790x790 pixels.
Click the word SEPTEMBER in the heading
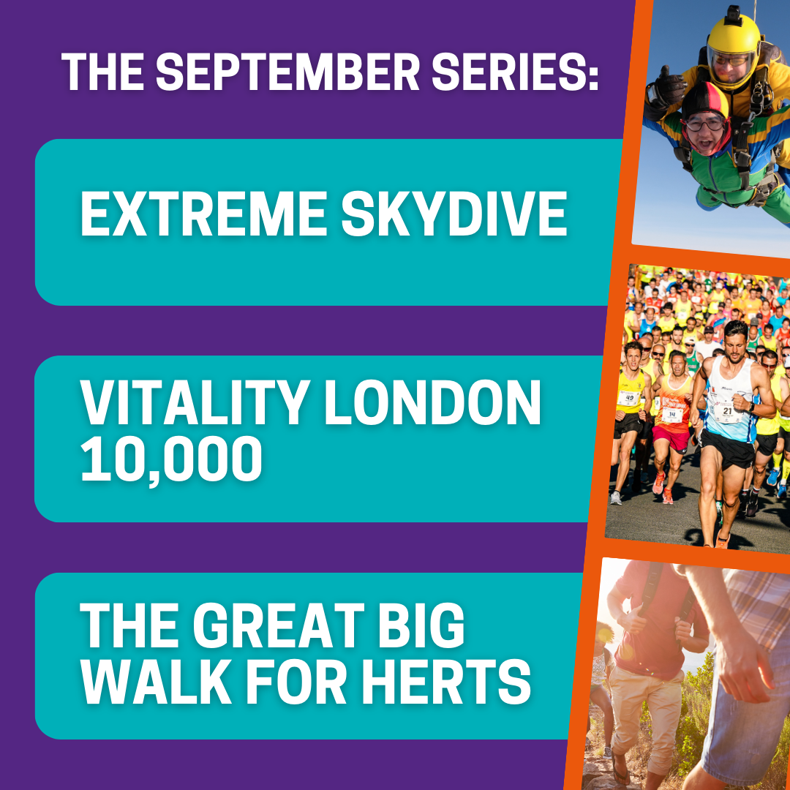click(287, 72)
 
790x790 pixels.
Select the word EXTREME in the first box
click(204, 214)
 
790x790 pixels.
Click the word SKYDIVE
click(454, 214)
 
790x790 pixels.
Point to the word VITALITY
click(195, 403)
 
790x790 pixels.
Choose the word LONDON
click(433, 403)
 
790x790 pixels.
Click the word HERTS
click(446, 682)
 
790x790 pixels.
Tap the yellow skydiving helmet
click(733, 50)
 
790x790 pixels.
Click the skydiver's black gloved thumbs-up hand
click(666, 93)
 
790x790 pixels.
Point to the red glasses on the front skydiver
click(705, 122)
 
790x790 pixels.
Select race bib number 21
click(726, 412)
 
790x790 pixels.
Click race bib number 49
click(629, 398)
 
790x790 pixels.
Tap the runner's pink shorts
click(670, 437)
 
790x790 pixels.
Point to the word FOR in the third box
click(296, 682)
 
